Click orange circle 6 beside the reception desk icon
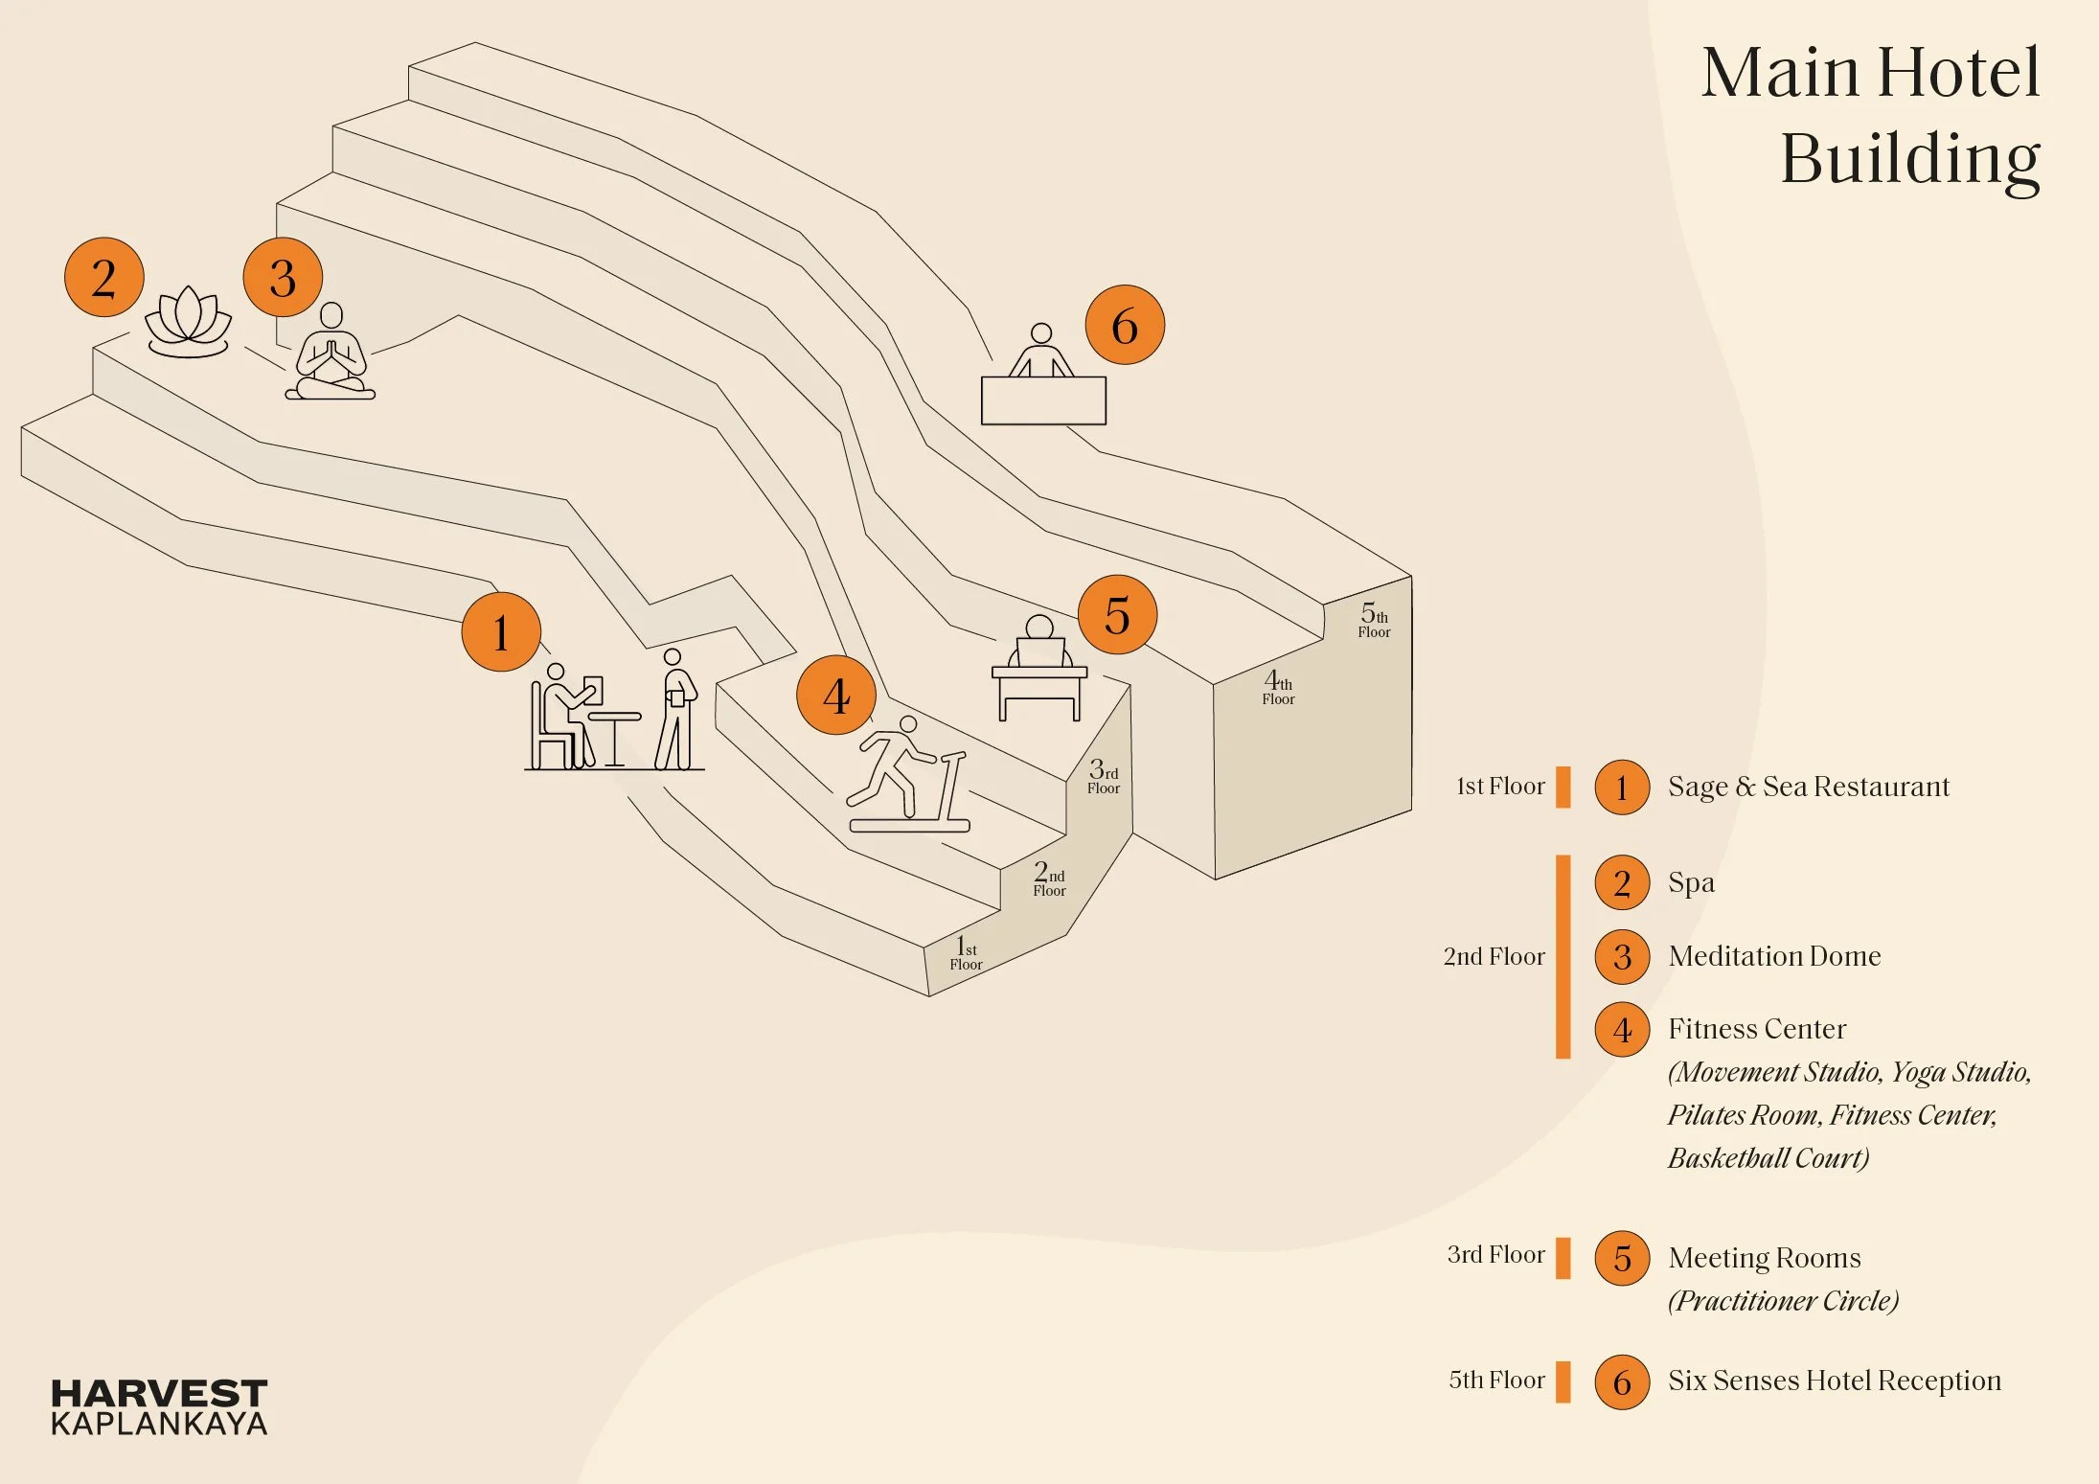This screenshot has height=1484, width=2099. pyautogui.click(x=1125, y=325)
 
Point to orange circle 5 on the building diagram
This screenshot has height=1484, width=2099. pyautogui.click(x=1117, y=615)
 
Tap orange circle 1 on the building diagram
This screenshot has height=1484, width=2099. pyautogui.click(x=501, y=632)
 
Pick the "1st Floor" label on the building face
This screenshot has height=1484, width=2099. pyautogui.click(x=966, y=953)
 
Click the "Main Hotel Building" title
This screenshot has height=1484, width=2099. pyautogui.click(x=1870, y=115)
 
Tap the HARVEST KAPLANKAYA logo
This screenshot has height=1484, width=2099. pyautogui.click(x=159, y=1406)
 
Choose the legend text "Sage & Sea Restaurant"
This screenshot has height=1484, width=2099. pyautogui.click(x=1808, y=787)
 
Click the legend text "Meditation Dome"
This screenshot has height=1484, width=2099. pyautogui.click(x=1774, y=956)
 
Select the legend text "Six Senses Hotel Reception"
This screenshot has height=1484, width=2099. pyautogui.click(x=1834, y=1381)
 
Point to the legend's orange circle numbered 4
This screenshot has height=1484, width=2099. pyautogui.click(x=1622, y=1030)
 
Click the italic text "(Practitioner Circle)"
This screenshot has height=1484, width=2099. pyautogui.click(x=1783, y=1300)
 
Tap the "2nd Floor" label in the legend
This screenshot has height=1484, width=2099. pyautogui.click(x=1494, y=956)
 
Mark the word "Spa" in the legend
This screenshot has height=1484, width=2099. pyautogui.click(x=1691, y=882)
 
